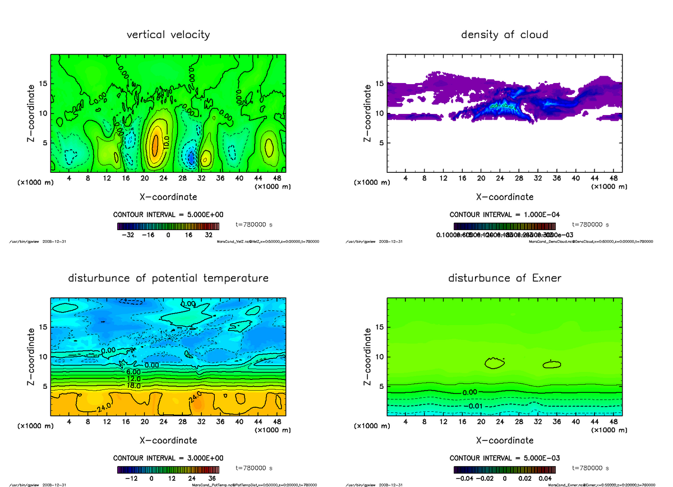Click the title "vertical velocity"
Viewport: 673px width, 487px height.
click(168, 35)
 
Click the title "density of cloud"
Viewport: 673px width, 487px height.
click(504, 35)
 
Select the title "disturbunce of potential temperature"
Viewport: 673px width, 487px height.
click(168, 278)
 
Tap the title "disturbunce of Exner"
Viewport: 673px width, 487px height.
click(504, 278)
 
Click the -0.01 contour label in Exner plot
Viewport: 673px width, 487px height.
click(474, 406)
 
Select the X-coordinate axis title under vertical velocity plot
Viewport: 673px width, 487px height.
click(168, 197)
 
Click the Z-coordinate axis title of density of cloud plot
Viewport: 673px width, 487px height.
click(368, 112)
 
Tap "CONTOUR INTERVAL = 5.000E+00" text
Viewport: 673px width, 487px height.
click(168, 215)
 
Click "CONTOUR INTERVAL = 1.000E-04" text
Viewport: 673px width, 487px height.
click(504, 215)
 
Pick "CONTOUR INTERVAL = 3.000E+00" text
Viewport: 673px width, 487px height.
click(168, 458)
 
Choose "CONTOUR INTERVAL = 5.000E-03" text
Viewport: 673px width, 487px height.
click(504, 458)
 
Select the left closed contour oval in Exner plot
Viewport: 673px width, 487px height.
click(494, 363)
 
